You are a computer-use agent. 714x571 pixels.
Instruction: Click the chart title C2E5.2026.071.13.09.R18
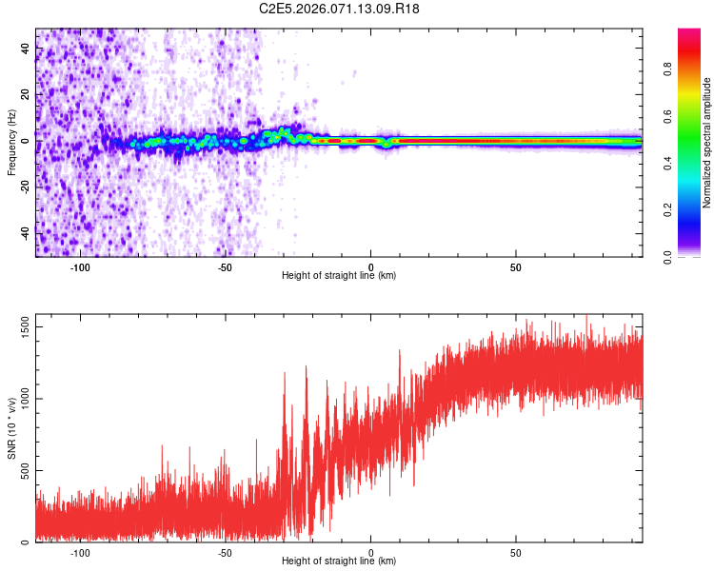(x=339, y=9)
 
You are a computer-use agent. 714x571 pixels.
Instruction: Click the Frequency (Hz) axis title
(x=11, y=143)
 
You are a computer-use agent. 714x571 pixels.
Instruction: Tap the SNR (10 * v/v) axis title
(x=11, y=428)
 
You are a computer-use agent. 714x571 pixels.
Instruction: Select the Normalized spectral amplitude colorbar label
(x=706, y=143)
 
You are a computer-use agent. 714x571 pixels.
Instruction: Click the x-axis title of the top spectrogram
(x=339, y=275)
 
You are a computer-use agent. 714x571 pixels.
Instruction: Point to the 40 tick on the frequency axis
(x=25, y=49)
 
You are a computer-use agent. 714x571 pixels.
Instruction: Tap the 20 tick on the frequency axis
(x=25, y=95)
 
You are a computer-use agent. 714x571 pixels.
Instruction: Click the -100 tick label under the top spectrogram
(x=80, y=266)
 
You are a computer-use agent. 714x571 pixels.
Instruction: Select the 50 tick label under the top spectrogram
(x=515, y=266)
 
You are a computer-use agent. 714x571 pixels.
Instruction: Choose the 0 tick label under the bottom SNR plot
(x=370, y=552)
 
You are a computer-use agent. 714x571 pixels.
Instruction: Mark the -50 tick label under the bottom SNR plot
(x=225, y=552)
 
